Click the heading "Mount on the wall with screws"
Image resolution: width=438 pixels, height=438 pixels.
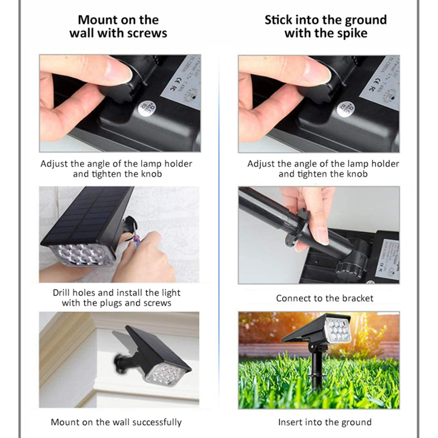click(118, 26)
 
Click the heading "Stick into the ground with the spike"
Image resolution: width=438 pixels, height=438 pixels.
click(325, 26)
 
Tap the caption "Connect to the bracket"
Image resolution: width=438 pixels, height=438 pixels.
click(325, 298)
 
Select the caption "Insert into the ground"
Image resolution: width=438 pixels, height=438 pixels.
click(325, 423)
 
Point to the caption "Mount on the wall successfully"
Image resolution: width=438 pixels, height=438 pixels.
click(116, 423)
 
